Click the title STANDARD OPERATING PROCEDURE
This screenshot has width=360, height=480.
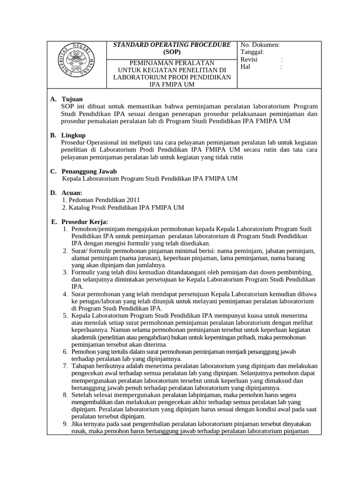point(172,45)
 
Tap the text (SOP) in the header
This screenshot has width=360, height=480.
point(172,52)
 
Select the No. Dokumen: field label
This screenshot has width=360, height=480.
point(260,45)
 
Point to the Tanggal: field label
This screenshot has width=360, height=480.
point(252,52)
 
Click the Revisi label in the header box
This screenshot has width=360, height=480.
point(249,60)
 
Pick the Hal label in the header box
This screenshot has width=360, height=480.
point(245,67)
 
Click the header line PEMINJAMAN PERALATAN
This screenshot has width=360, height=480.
point(172,63)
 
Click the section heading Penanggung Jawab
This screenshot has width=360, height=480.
point(89,171)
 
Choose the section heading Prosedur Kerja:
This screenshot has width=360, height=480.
point(84,221)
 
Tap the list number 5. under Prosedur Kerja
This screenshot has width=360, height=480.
point(66,315)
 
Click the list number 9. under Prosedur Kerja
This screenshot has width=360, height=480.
point(66,424)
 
